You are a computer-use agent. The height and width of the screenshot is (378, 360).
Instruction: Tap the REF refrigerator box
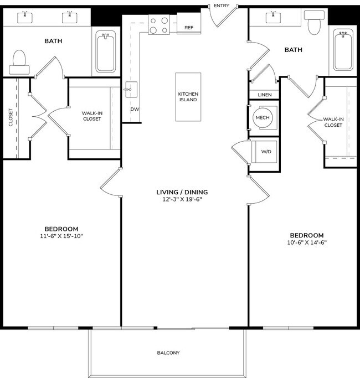pyautogui.click(x=188, y=27)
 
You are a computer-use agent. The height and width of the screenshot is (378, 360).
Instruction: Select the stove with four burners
pyautogui.click(x=159, y=25)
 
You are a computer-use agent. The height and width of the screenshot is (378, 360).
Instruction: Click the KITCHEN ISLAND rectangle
pyautogui.click(x=188, y=97)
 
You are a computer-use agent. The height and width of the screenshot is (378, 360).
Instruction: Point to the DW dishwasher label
pyautogui.click(x=134, y=109)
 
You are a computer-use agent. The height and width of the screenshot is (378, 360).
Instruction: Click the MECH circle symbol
pyautogui.click(x=262, y=118)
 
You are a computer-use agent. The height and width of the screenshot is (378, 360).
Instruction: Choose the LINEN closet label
pyautogui.click(x=265, y=95)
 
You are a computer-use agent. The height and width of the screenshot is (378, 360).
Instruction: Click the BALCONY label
pyautogui.click(x=168, y=353)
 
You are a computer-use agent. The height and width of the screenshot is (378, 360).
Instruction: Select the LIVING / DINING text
pyautogui.click(x=182, y=192)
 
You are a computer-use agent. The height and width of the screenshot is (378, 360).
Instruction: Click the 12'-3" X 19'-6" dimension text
pyautogui.click(x=182, y=200)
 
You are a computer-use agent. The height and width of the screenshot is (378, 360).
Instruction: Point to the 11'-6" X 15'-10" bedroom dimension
pyautogui.click(x=61, y=236)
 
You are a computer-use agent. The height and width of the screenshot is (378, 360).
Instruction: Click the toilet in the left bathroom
pyautogui.click(x=19, y=63)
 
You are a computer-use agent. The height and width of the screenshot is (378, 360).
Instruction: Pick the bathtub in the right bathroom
pyautogui.click(x=343, y=52)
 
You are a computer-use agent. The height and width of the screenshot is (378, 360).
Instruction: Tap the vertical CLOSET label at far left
pyautogui.click(x=11, y=117)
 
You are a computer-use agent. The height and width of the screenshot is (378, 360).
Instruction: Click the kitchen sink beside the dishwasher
pyautogui.click(x=131, y=89)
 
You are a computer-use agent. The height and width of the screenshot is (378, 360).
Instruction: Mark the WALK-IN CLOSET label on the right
pyautogui.click(x=333, y=122)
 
